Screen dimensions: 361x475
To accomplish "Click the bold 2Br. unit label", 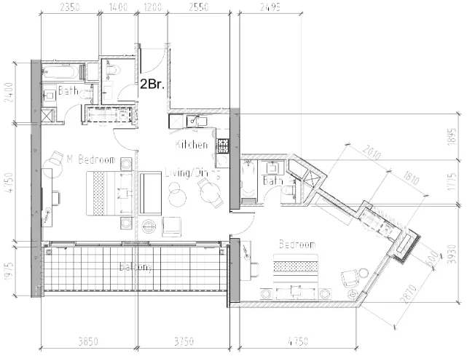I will (152, 84).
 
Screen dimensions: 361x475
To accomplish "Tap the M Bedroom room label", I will (90, 159).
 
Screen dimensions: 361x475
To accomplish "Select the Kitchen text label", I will (192, 146).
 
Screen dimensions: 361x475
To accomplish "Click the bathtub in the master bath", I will (64, 71).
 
